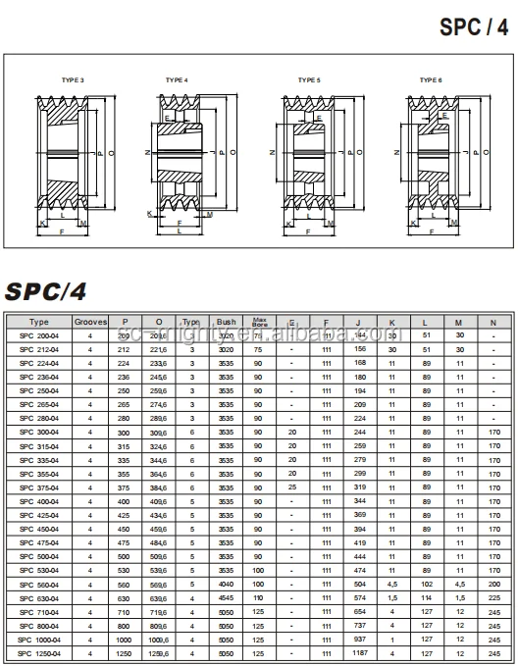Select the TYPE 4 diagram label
pyautogui.click(x=177, y=79)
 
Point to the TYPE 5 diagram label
pyautogui.click(x=308, y=79)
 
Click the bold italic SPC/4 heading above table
pyautogui.click(x=47, y=291)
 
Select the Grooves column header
pyautogui.click(x=90, y=321)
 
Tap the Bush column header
pyautogui.click(x=227, y=321)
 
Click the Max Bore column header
pyautogui.click(x=259, y=321)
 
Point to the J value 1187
pyautogui.click(x=359, y=652)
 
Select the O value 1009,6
pyautogui.click(x=158, y=639)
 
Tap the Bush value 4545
pyautogui.click(x=227, y=596)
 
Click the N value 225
pyautogui.click(x=492, y=596)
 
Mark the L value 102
pyautogui.click(x=427, y=583)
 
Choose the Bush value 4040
pyautogui.click(x=227, y=583)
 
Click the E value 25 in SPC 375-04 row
pyautogui.click(x=291, y=487)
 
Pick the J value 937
pyautogui.click(x=359, y=639)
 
